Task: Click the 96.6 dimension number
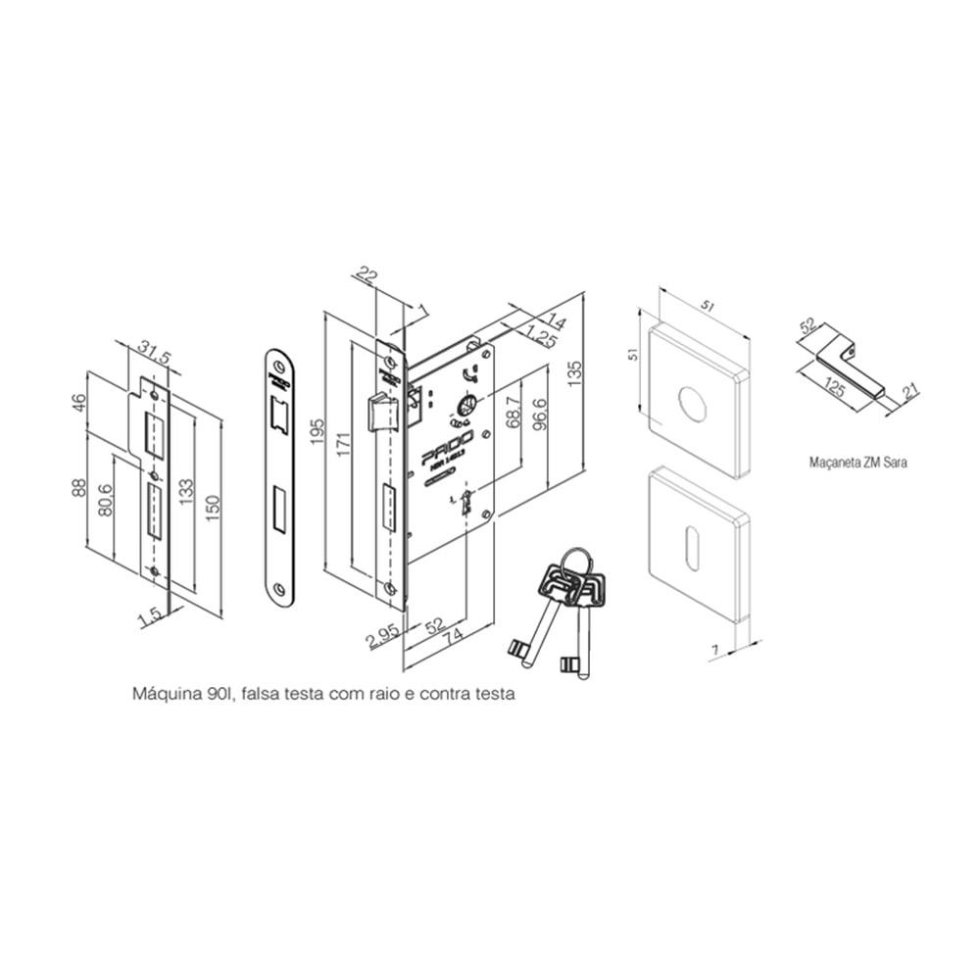point(538,416)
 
